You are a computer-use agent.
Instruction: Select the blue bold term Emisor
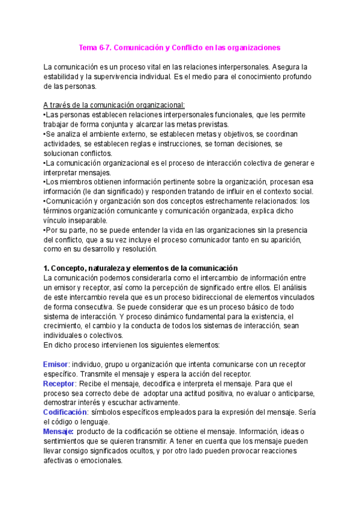56,365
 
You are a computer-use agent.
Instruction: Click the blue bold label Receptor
59,383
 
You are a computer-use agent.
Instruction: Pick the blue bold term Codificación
65,412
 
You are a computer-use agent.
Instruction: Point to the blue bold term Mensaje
59,432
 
